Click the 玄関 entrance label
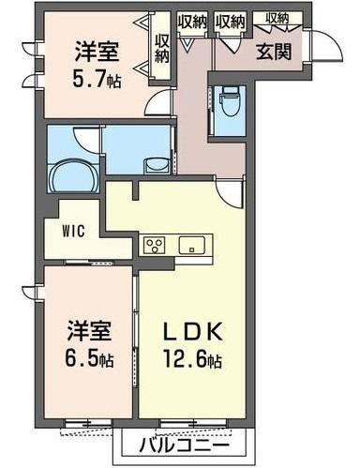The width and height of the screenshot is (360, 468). pos(274,52)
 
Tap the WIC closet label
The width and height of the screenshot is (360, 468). pos(73,232)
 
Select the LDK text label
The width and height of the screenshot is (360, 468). pos(192,332)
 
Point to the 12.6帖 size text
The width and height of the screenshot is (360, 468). pos(192,361)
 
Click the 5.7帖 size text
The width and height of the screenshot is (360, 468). pos(97,79)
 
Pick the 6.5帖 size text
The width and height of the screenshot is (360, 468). pos(89,359)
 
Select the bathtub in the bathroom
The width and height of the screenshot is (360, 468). pos(73,175)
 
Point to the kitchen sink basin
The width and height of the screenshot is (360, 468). pos(191,245)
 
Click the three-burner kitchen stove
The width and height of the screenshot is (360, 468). pos(154,245)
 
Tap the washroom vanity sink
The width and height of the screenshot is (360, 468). pos(157,165)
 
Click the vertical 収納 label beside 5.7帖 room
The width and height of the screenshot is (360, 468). pos(162,49)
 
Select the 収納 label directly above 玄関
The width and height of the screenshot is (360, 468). pos(277,19)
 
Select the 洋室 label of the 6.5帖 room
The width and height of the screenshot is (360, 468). pos(89,331)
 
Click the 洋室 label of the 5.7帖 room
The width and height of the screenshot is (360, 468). pos(97,52)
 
